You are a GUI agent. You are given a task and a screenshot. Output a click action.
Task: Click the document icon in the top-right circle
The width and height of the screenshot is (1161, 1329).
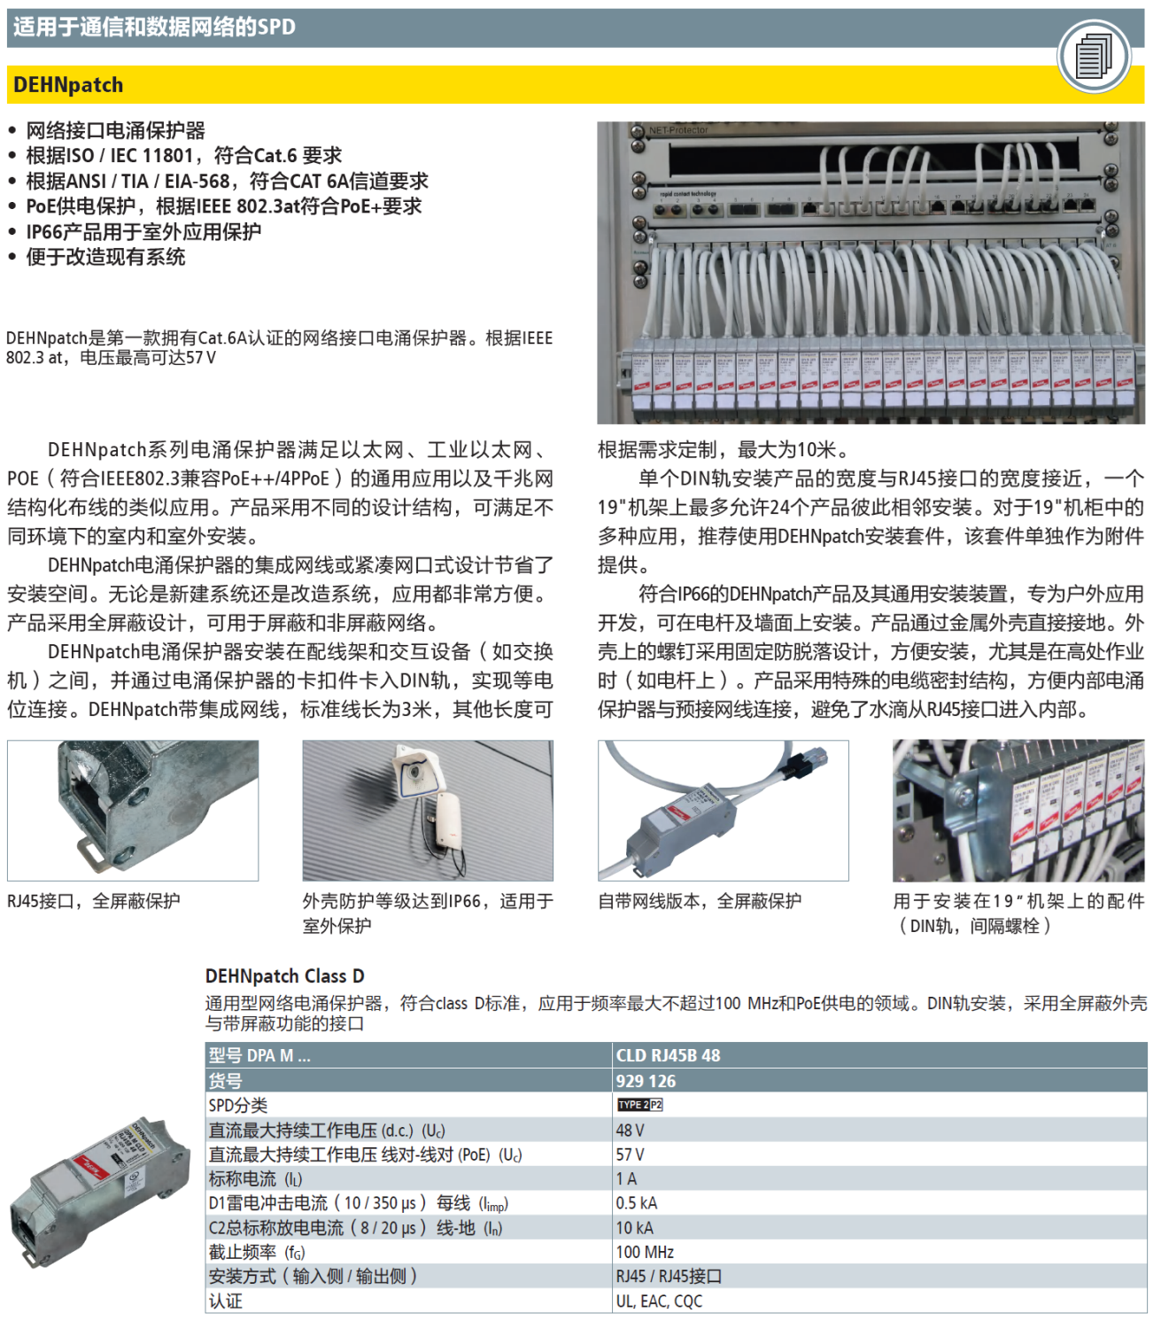click(x=1094, y=56)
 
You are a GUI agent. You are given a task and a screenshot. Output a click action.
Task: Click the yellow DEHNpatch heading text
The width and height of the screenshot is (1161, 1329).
click(x=68, y=85)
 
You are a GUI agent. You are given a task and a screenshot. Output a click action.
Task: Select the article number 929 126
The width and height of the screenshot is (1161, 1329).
click(x=646, y=1081)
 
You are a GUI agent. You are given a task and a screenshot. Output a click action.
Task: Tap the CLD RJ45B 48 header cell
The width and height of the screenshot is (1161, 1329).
click(x=668, y=1055)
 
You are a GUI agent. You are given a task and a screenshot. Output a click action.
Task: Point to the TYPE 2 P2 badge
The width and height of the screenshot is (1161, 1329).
click(x=639, y=1105)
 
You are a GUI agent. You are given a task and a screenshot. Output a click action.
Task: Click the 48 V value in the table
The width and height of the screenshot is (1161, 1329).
click(x=630, y=1131)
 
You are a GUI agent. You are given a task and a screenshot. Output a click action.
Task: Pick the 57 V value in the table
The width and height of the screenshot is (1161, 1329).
click(x=630, y=1154)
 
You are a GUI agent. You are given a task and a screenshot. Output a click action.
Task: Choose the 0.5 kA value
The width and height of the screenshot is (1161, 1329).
click(x=636, y=1203)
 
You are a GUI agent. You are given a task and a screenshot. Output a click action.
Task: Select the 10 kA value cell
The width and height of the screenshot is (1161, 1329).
click(x=634, y=1228)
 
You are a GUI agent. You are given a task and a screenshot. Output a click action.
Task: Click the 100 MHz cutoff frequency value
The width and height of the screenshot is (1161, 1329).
click(x=645, y=1252)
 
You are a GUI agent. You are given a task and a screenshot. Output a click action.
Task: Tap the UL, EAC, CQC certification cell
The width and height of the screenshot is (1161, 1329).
click(x=659, y=1301)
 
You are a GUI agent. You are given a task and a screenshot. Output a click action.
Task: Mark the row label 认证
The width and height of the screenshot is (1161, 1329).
click(x=225, y=1301)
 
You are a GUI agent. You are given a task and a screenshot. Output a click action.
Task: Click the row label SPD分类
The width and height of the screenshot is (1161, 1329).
click(x=237, y=1106)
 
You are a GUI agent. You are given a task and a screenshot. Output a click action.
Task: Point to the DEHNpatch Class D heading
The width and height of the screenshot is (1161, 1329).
click(x=284, y=976)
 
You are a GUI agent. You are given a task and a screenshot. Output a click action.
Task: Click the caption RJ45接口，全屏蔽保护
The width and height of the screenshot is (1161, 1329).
click(x=93, y=901)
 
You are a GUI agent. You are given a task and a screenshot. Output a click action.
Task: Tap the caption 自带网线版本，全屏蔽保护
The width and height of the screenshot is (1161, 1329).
click(x=699, y=901)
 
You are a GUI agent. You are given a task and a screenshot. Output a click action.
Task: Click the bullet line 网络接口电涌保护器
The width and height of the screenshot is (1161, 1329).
click(x=115, y=130)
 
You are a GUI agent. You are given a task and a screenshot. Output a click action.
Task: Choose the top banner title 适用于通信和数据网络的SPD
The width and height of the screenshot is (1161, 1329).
click(x=154, y=27)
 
